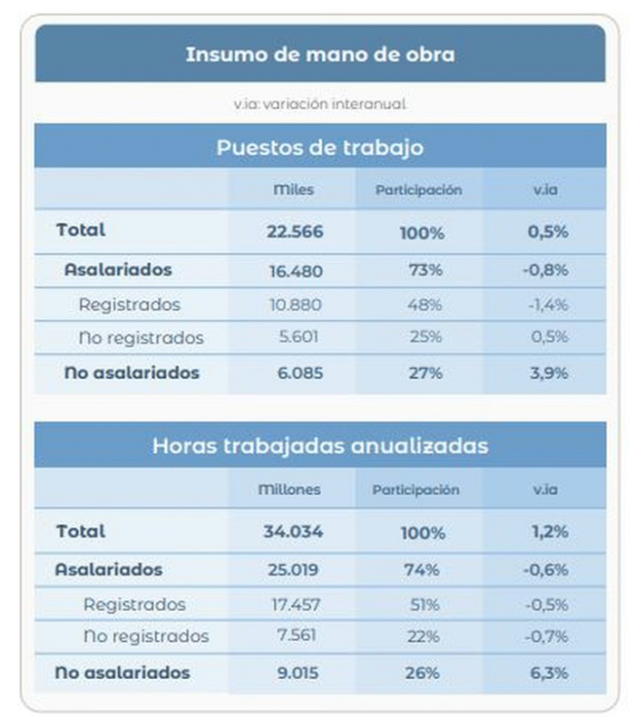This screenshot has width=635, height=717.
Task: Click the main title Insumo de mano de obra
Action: pos(320,54)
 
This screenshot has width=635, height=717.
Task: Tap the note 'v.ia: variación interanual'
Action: pos(320,104)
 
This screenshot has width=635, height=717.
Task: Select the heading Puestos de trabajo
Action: pos(320,148)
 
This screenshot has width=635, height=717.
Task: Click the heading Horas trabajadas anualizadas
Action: pos(320,446)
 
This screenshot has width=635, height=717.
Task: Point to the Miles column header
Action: pos(294,189)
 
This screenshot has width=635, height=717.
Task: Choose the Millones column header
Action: pos(289,489)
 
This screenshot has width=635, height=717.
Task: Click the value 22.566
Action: pos(295,231)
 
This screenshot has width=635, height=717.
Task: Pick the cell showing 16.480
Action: pos(296,271)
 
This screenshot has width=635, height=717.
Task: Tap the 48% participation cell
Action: pos(425,305)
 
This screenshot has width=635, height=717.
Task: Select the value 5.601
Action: pos(298,337)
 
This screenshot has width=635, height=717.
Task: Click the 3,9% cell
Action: pos(549,373)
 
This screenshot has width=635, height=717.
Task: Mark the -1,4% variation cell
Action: pos(549,305)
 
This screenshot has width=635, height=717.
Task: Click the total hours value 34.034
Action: pos(293,532)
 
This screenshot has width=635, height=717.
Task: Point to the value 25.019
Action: pos(293,570)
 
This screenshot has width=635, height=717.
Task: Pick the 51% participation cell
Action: pos(425,605)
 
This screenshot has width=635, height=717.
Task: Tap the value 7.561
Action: pos(297,635)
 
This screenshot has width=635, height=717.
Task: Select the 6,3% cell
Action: pos(549,673)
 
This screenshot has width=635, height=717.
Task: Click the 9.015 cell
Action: pos(298,673)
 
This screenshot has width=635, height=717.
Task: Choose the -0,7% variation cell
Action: pos(546,636)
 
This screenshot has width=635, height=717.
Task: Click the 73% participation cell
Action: pos(425,270)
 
